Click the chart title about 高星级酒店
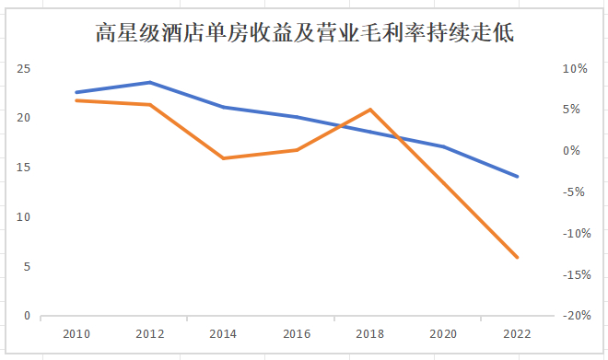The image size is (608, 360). pos(305,35)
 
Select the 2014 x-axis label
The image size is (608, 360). pos(222,333)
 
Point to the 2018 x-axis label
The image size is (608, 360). pos(369,333)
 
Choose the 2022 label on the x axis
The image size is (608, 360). pos(517,333)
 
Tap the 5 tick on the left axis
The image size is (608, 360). pos(27,267)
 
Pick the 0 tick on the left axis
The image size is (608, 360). pos(27,316)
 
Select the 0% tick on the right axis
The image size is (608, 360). pos(577,151)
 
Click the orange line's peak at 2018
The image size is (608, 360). pos(369,110)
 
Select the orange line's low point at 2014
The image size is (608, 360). pos(222,158)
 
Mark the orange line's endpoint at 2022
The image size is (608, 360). pos(517,257)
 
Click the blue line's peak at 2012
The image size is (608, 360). pos(149,82)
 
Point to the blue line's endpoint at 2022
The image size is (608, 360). pos(517,176)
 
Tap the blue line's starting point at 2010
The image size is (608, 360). pos(76,92)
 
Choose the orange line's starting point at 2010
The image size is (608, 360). pos(76,99)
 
